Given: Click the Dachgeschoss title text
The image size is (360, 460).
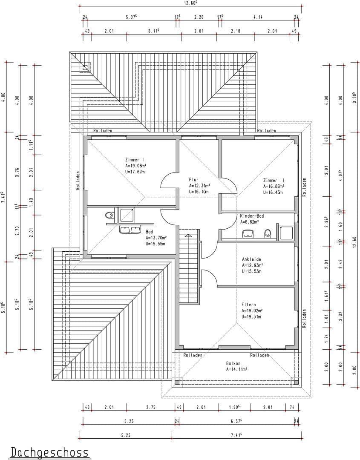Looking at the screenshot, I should point(49,452).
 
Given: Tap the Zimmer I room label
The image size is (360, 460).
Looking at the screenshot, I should point(134,160).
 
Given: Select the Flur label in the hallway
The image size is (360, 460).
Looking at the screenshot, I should point(194,180).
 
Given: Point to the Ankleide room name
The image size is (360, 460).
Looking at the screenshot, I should point(251,259).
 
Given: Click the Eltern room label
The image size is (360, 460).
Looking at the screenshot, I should point(248,305).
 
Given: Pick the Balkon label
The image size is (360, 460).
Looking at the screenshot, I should point(233,363).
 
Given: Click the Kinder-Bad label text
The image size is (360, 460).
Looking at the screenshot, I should point(252,216).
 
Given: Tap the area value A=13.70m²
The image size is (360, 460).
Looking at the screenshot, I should point(156,238).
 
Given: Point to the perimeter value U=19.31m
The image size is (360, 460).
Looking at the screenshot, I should point(251,317).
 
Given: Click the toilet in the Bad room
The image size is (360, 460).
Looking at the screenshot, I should point(109,216).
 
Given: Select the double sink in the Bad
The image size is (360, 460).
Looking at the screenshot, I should point(130,230).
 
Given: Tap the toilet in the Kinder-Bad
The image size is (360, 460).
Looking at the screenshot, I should point(268,233).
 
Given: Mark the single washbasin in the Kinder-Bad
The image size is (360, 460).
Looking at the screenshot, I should point(248,233).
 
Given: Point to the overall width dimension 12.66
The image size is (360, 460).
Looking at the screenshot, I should point(190,3).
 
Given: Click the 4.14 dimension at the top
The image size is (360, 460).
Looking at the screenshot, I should point(257,17).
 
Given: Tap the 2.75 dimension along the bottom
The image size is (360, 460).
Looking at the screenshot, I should point(151,408).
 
